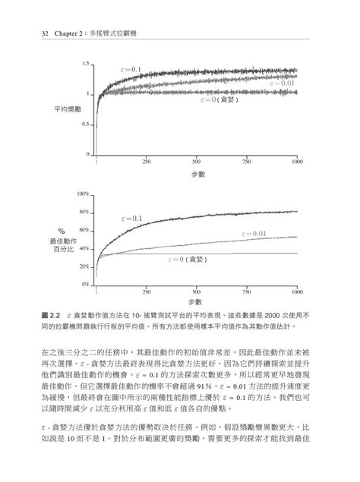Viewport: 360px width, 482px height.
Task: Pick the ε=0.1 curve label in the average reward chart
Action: click(x=131, y=70)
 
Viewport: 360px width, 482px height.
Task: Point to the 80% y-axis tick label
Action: click(x=86, y=213)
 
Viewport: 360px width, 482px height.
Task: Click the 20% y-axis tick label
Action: click(x=86, y=266)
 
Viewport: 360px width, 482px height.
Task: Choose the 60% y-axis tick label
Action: click(x=86, y=230)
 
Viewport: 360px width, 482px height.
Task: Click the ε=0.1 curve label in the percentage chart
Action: click(x=132, y=219)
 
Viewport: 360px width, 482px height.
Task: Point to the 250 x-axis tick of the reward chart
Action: click(x=146, y=162)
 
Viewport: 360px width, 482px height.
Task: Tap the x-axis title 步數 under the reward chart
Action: click(x=196, y=175)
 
